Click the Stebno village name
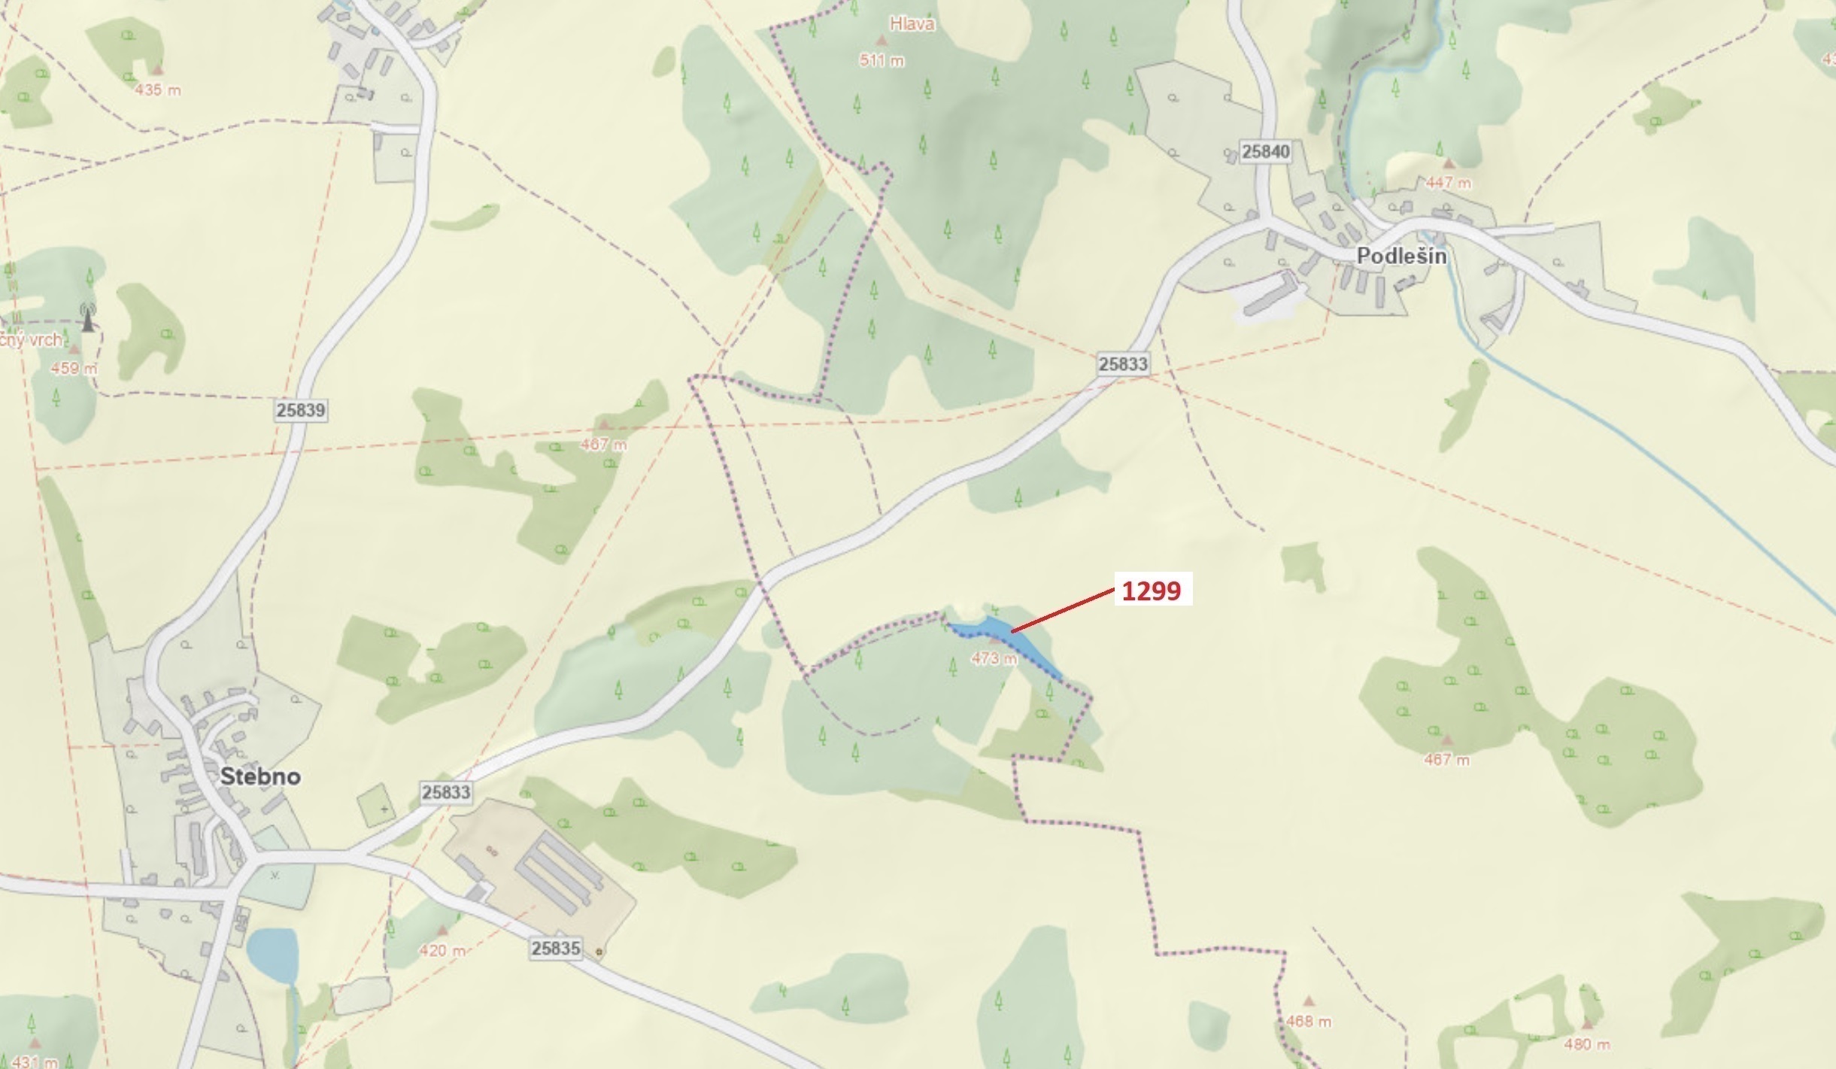(260, 776)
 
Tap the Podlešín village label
(1401, 256)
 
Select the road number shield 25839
(300, 410)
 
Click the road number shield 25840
(1266, 151)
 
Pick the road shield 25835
(556, 948)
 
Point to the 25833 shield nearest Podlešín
(1123, 364)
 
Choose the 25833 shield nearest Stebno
(446, 792)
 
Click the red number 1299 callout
(1152, 591)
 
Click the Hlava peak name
(912, 24)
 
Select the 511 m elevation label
(882, 60)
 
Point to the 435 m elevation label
(158, 90)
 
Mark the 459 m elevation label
(74, 369)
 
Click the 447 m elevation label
(1449, 183)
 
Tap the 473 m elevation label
(994, 659)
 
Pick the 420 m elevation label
(442, 950)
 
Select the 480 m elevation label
(1587, 1044)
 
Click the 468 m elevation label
(1309, 1022)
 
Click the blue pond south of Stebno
(272, 955)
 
